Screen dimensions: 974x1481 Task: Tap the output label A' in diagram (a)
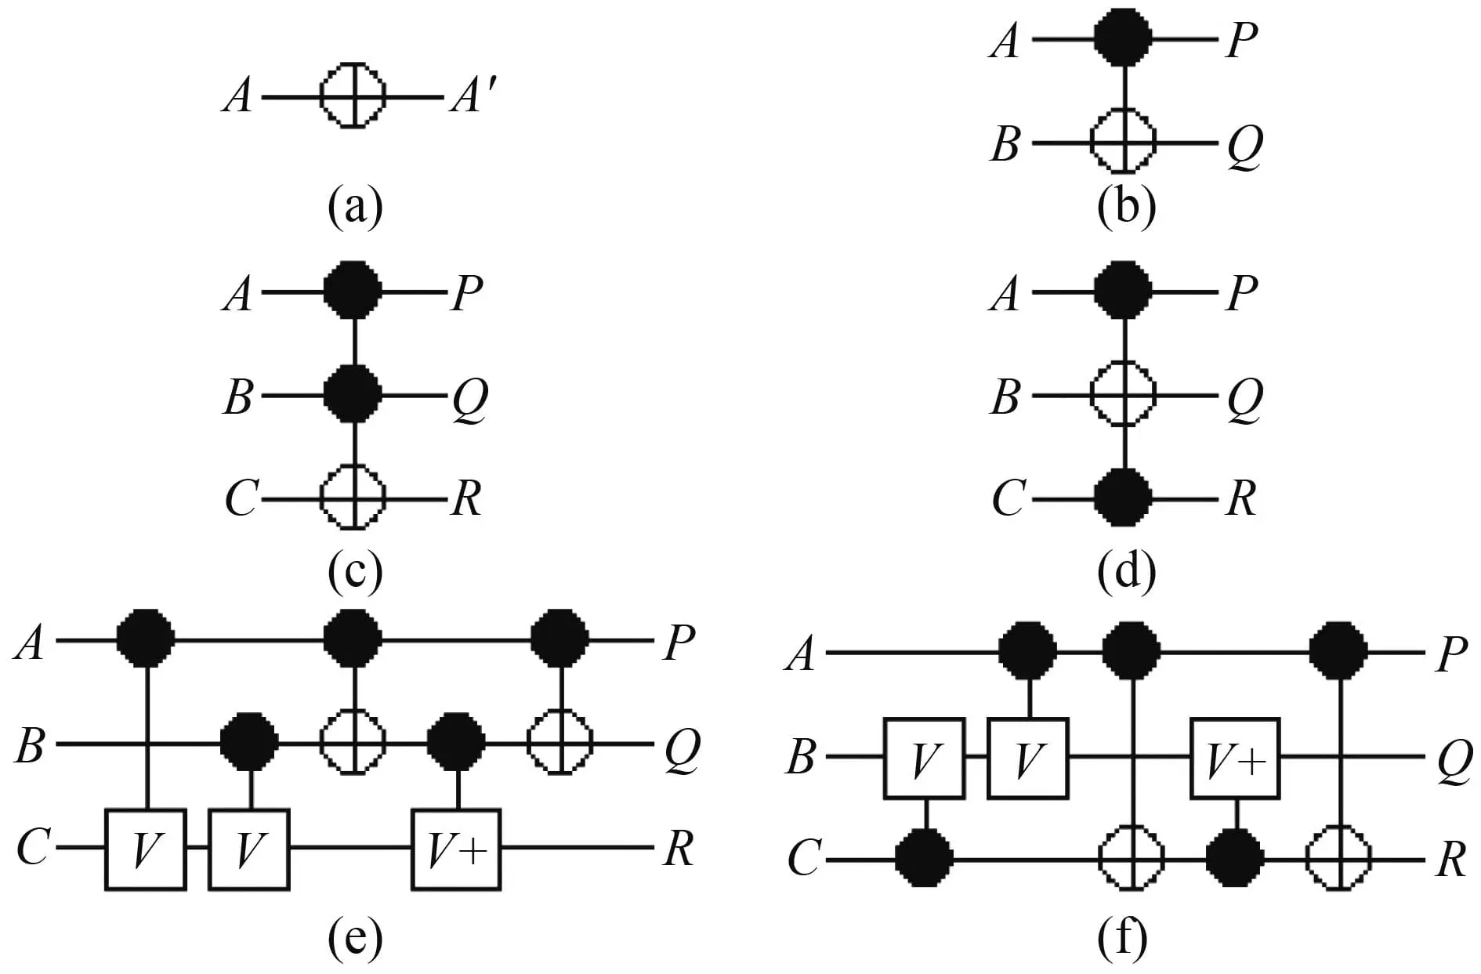tap(472, 98)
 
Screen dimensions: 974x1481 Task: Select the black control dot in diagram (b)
tap(1124, 37)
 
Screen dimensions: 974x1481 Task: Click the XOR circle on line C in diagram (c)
tap(353, 498)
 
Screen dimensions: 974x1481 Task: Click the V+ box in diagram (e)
tap(457, 849)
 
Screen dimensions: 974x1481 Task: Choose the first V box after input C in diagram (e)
tap(146, 849)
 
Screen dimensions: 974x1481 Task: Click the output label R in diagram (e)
tap(679, 849)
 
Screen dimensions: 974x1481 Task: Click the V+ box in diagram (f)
tap(1235, 759)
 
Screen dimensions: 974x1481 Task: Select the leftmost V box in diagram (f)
tap(924, 759)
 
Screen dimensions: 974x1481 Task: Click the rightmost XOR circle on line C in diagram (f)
tap(1339, 860)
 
